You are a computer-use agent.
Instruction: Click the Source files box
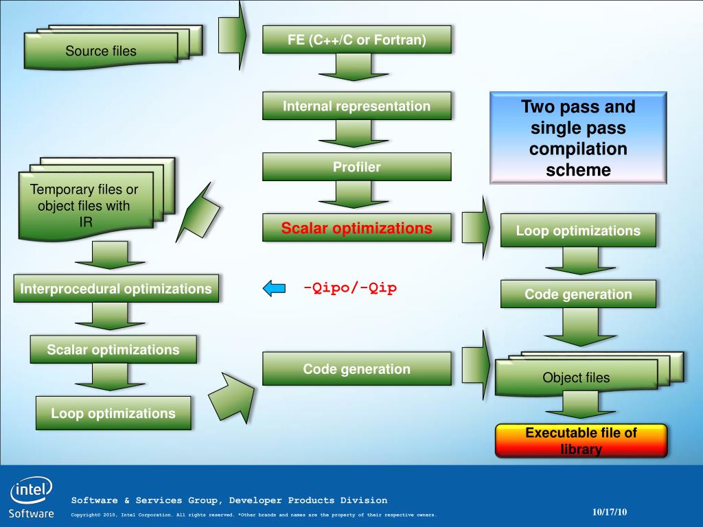[x=101, y=51]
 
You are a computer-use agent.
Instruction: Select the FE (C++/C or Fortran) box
[x=356, y=40]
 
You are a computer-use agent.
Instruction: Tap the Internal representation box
[x=356, y=106]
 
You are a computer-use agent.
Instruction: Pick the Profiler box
[x=356, y=167]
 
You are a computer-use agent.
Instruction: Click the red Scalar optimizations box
[x=356, y=229]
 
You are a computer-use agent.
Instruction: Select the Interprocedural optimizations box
[x=116, y=289]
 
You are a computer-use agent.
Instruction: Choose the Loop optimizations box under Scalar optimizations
[x=113, y=413]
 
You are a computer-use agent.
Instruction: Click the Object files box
[x=576, y=377]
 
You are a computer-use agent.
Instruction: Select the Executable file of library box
[x=581, y=441]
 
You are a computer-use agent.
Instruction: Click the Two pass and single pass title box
[x=578, y=138]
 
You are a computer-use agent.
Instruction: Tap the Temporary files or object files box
[x=85, y=205]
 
